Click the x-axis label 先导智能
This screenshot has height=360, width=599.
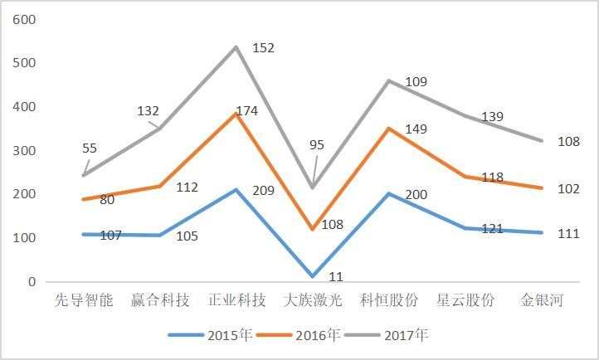click(83, 299)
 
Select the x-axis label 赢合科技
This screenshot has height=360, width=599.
click(160, 299)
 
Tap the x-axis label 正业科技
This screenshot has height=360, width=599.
click(236, 299)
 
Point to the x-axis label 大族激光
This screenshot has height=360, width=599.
click(313, 299)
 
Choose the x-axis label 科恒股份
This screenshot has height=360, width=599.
click(390, 299)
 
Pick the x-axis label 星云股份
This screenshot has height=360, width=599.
click(466, 299)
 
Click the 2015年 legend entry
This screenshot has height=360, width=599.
click(210, 335)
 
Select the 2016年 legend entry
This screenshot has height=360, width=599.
click(298, 335)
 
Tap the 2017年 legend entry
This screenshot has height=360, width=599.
click(386, 335)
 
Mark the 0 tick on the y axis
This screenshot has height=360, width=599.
click(32, 282)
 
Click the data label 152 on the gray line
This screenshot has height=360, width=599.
click(262, 48)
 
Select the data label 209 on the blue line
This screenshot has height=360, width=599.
click(262, 190)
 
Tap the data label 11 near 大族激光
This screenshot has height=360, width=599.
click(336, 277)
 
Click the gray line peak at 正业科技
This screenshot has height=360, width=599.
click(236, 46)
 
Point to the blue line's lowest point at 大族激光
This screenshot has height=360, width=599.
click(313, 276)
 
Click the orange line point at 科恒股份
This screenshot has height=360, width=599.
click(389, 129)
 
